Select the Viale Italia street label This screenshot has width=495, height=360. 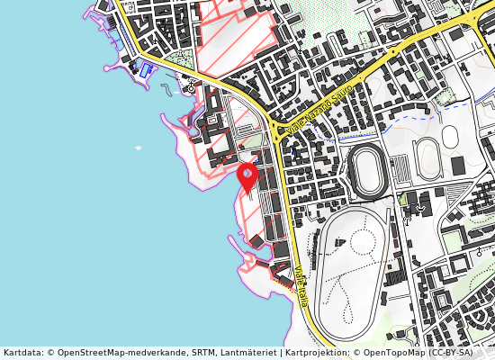(300, 284)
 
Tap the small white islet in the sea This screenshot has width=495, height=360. (138, 148)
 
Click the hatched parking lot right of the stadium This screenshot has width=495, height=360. (404, 167)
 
